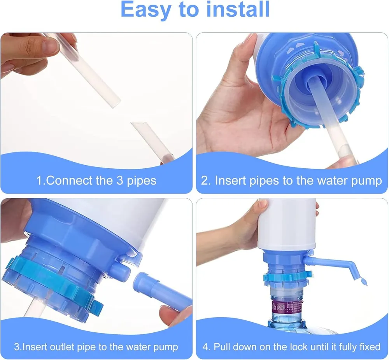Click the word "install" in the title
coord(238,9)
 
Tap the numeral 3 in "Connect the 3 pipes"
coord(120,180)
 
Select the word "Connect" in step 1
coord(69,180)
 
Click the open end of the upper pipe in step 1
coord(116,103)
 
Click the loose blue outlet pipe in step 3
coord(163,291)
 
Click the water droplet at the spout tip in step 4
coord(363,282)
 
